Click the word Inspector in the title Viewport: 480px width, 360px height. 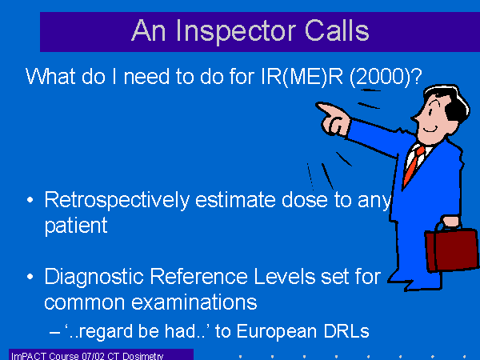coord(236,31)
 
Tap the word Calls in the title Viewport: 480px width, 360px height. coord(337,30)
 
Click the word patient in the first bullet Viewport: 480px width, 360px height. coord(76,226)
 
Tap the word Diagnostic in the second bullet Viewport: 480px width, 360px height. coord(94,278)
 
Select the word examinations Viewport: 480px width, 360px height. coord(194,302)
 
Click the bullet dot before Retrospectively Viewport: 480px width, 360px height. coord(30,201)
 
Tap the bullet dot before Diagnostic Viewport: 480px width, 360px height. coord(30,277)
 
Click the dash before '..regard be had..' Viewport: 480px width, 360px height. coord(54,332)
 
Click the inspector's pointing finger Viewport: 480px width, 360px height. coord(324,108)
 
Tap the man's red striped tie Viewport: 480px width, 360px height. coord(414,165)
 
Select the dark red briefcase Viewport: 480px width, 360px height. coord(451,249)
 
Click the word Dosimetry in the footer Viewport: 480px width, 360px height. coord(143,356)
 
